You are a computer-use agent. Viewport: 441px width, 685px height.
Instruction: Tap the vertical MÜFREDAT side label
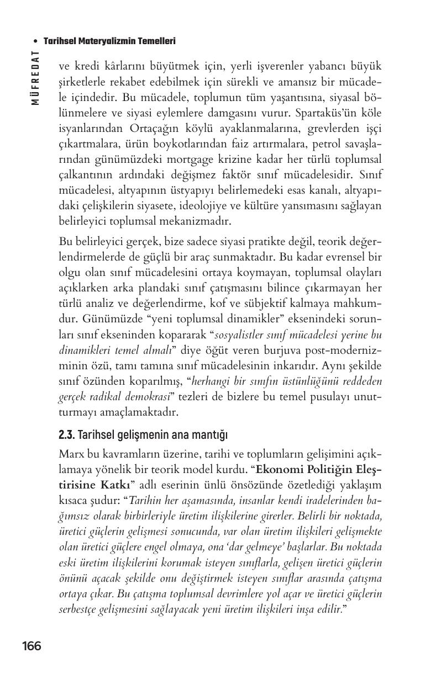(35, 77)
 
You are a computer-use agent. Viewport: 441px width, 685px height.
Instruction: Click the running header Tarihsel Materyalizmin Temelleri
(109, 41)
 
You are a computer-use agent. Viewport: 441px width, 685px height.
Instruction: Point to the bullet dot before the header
(36, 41)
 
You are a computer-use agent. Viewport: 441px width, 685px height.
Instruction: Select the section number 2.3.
(66, 436)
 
